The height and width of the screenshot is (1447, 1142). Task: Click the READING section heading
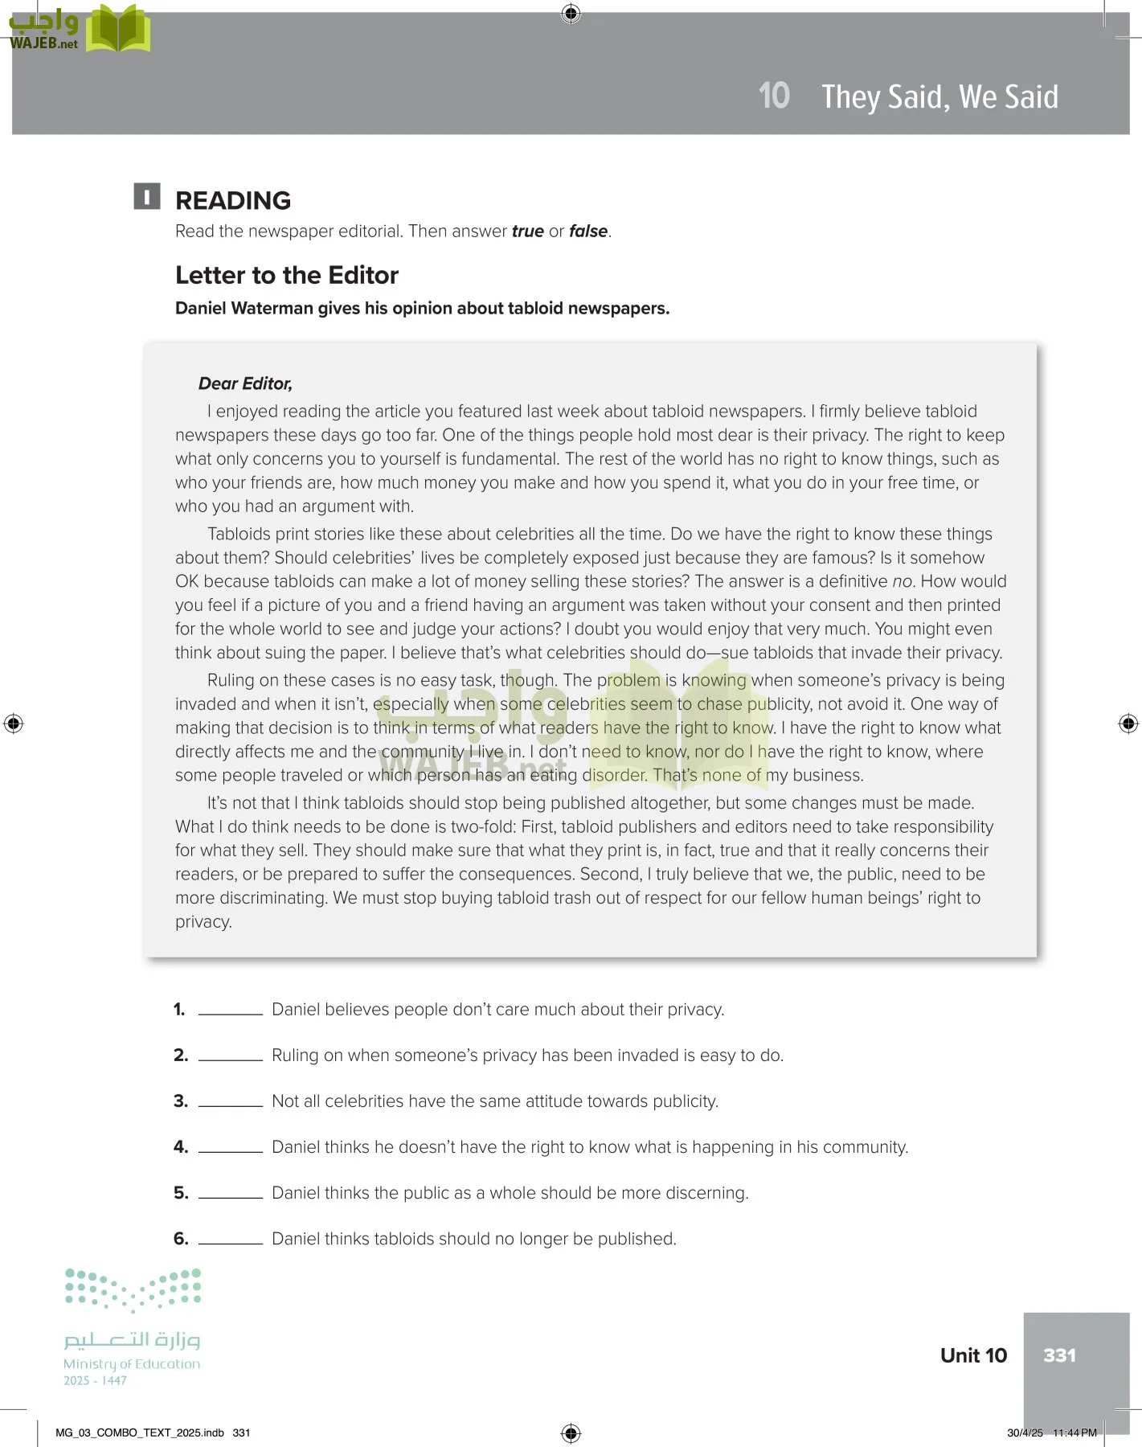click(233, 201)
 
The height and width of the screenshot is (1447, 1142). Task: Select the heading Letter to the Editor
click(287, 276)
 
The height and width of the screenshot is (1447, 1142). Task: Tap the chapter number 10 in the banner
click(774, 96)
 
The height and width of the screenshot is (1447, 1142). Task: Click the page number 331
click(1059, 1355)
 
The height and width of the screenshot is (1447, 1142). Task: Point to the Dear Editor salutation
click(245, 384)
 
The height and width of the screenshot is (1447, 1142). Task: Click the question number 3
click(181, 1101)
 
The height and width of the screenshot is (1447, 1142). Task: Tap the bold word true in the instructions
click(528, 232)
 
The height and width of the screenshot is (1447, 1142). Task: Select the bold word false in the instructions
click(588, 232)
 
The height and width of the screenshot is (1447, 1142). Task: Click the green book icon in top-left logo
click(118, 29)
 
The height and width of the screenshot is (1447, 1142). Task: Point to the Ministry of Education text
click(132, 1364)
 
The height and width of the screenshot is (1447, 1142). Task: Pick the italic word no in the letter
click(903, 581)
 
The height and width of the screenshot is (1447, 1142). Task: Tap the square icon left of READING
click(147, 197)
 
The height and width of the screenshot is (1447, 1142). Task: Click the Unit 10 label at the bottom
click(973, 1356)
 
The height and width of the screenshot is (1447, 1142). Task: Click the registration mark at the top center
click(571, 13)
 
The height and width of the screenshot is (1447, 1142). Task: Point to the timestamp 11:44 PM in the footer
click(1074, 1433)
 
